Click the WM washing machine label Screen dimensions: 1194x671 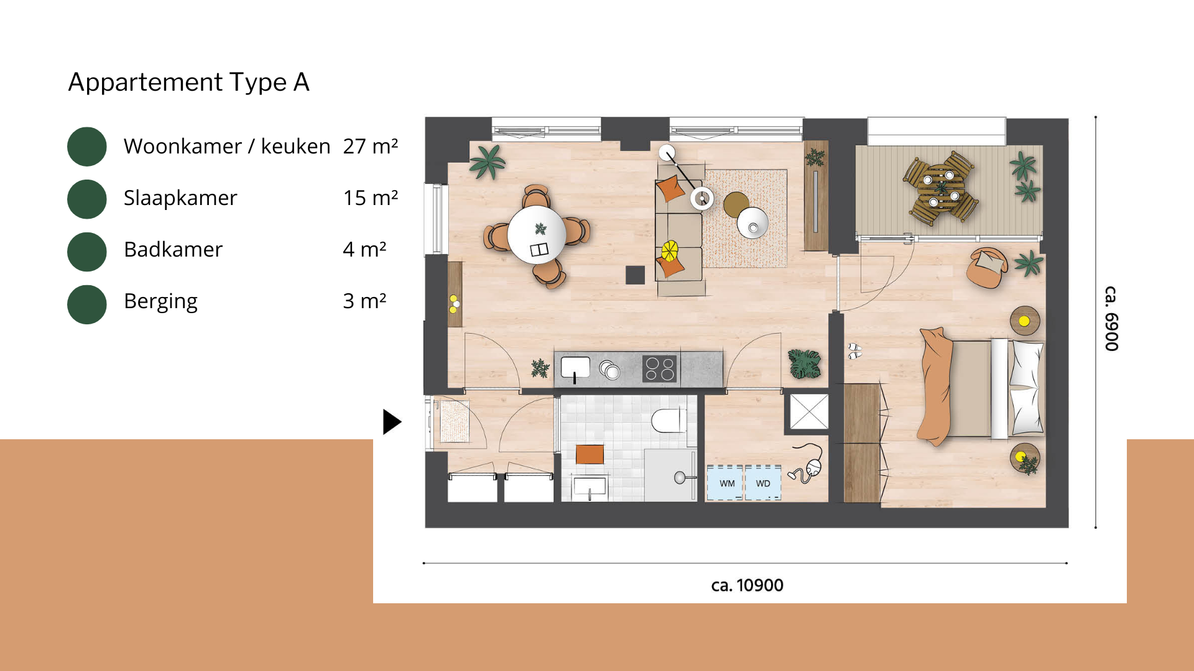click(x=727, y=483)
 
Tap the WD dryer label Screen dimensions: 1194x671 click(x=763, y=483)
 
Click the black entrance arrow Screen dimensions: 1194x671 click(x=392, y=422)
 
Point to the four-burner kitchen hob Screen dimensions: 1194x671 click(x=659, y=368)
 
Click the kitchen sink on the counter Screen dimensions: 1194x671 click(x=575, y=368)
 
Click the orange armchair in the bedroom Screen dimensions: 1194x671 click(x=987, y=267)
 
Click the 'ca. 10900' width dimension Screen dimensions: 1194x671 click(x=747, y=585)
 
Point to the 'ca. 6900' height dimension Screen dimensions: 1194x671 click(x=1111, y=319)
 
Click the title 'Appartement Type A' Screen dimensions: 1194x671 click(x=188, y=82)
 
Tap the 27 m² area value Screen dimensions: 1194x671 click(x=370, y=146)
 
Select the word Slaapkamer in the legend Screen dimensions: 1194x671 click(x=180, y=198)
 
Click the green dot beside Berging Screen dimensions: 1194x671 click(x=87, y=304)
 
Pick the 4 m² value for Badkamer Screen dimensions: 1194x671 click(x=364, y=249)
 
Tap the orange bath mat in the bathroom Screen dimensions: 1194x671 click(x=590, y=454)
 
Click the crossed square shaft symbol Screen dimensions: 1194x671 click(x=809, y=411)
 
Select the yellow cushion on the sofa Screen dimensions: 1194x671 click(x=670, y=250)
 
